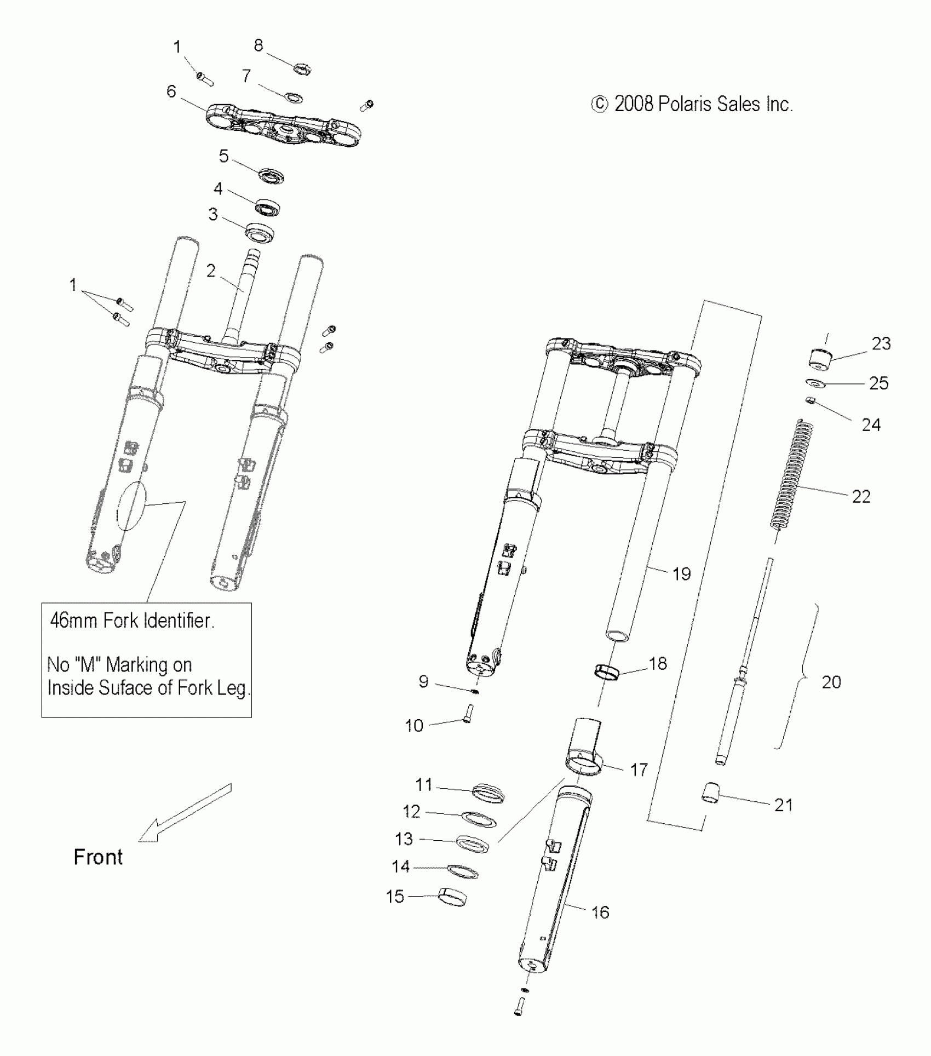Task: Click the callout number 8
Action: (258, 45)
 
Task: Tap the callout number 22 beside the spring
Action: (861, 496)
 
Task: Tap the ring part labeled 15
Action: (452, 897)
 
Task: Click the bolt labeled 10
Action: (467, 713)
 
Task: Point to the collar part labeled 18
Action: (607, 670)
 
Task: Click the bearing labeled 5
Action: (272, 175)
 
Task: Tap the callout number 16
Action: (600, 912)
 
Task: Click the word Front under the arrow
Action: (98, 857)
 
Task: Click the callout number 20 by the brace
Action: (831, 682)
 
